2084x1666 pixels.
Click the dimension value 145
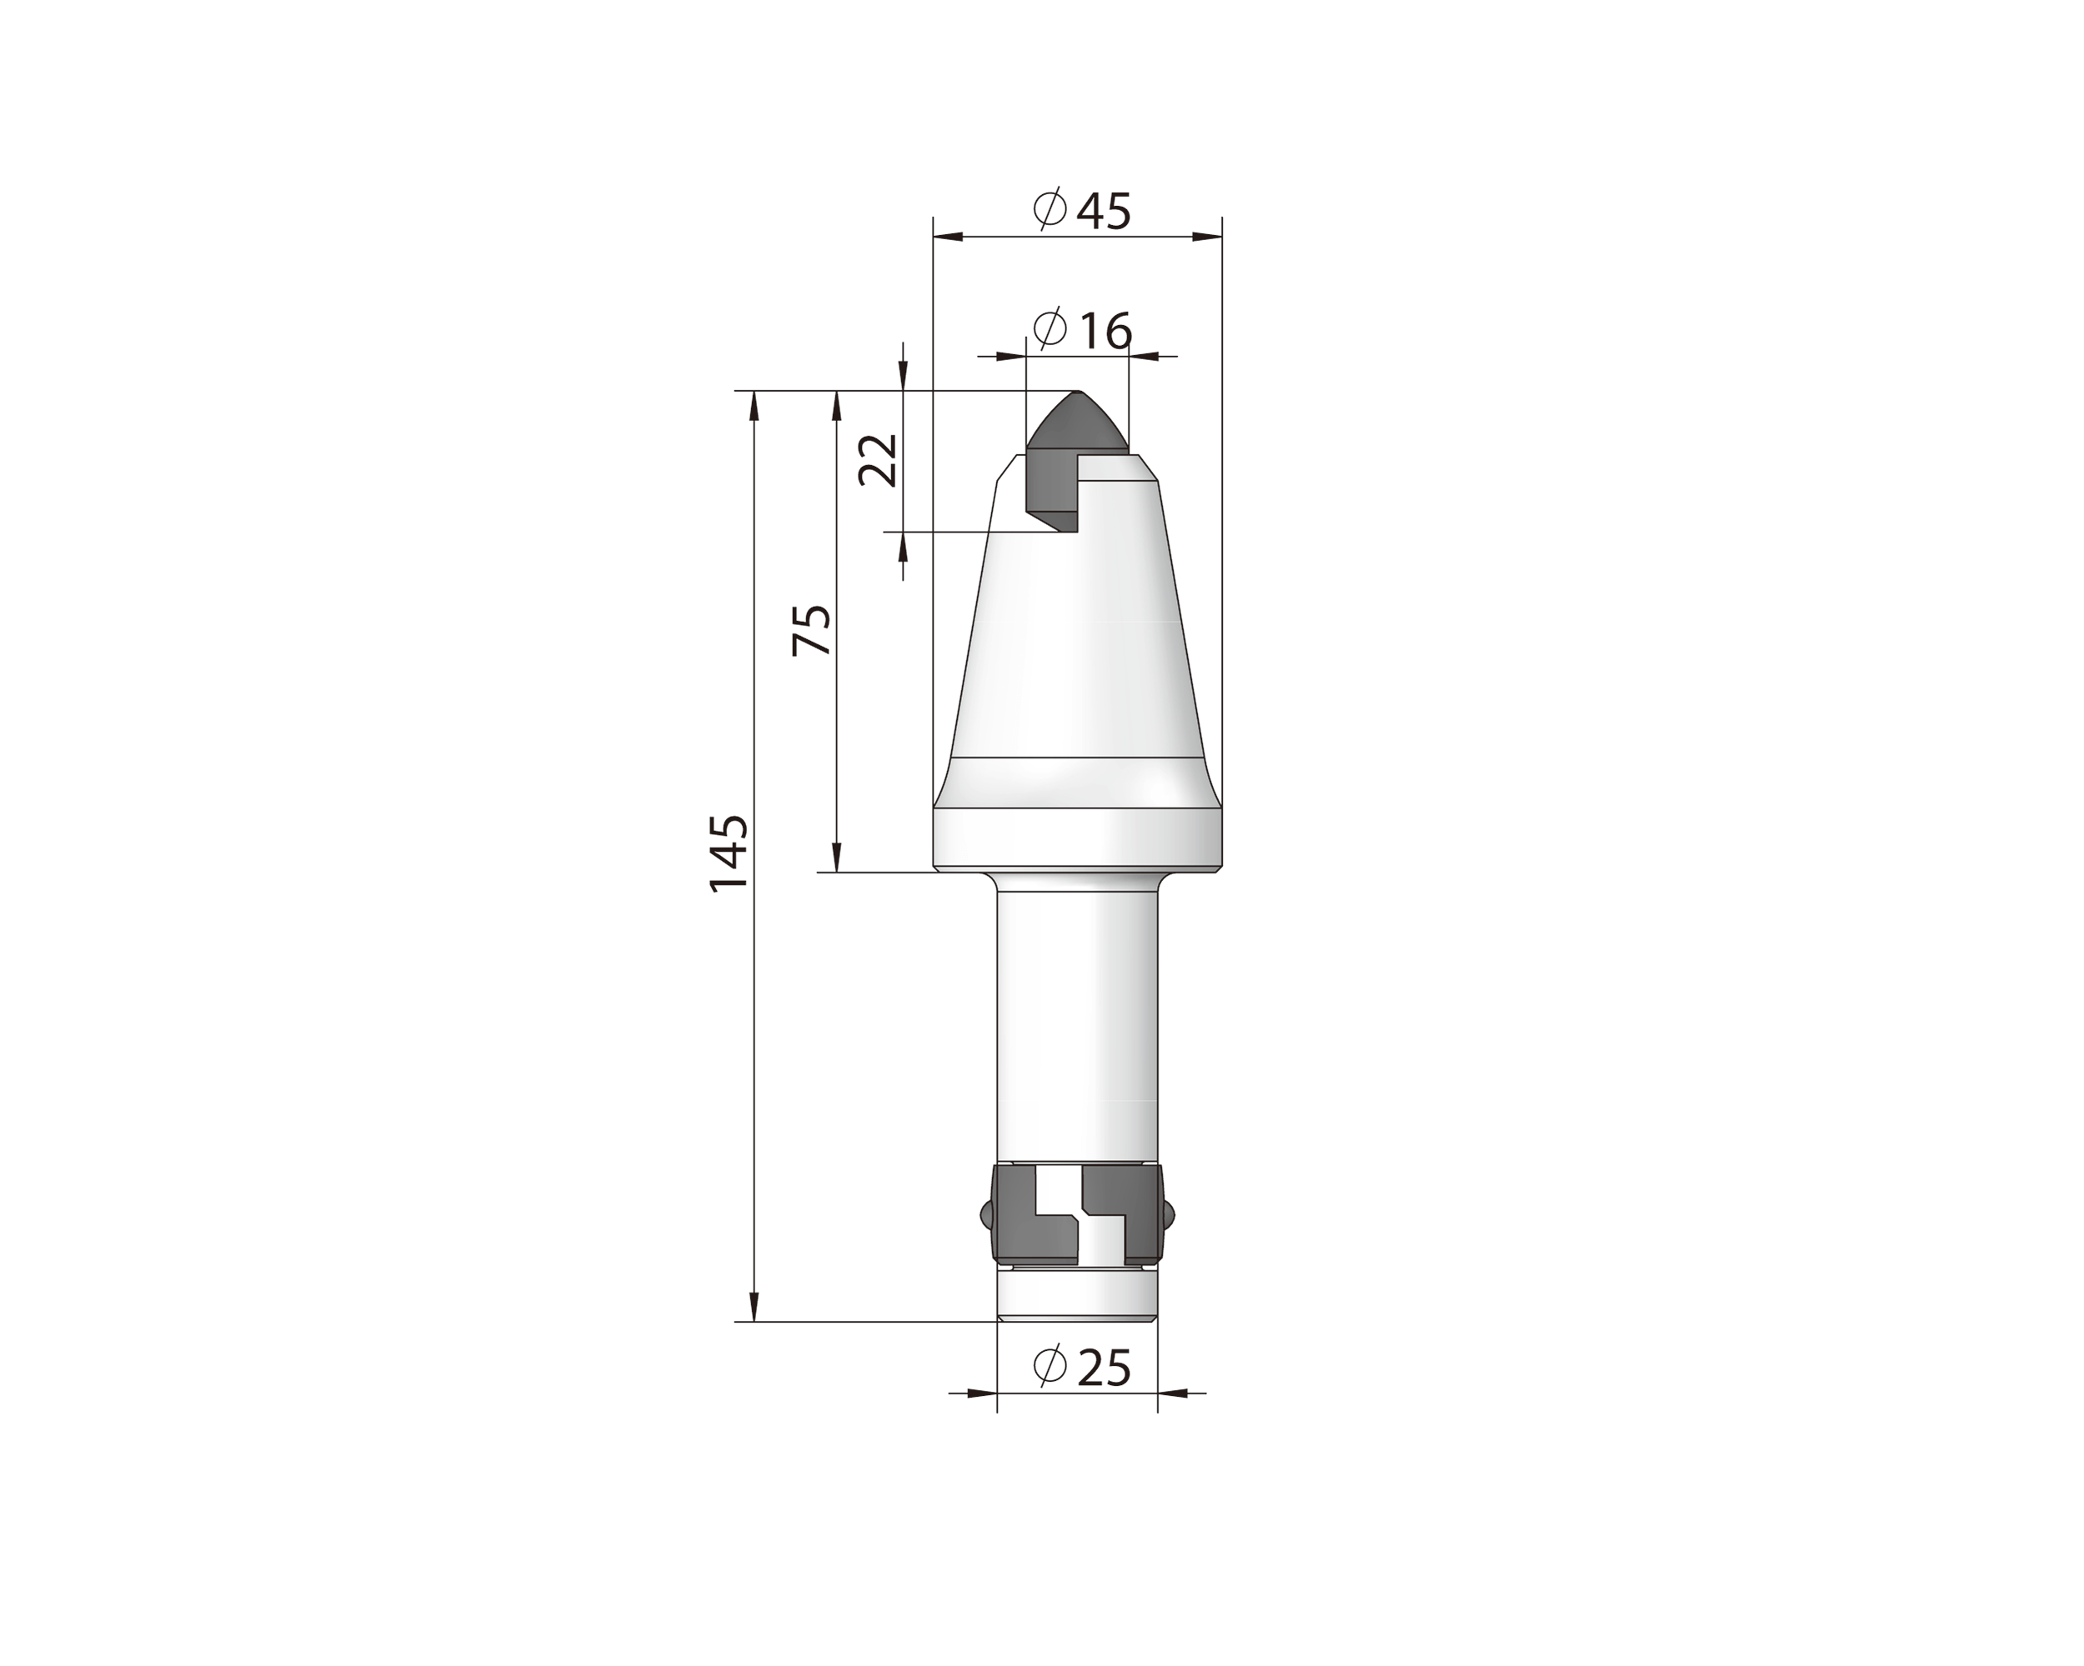click(x=729, y=853)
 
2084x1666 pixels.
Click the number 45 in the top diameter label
click(x=1103, y=211)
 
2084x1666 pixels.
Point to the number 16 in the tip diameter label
click(x=1105, y=332)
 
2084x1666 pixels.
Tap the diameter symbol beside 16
click(x=1050, y=328)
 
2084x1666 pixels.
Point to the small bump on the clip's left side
click(x=985, y=1213)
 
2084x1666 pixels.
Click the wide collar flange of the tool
click(x=1077, y=837)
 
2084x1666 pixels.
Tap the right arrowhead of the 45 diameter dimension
click(x=1207, y=236)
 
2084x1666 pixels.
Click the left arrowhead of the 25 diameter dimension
click(x=981, y=1393)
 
